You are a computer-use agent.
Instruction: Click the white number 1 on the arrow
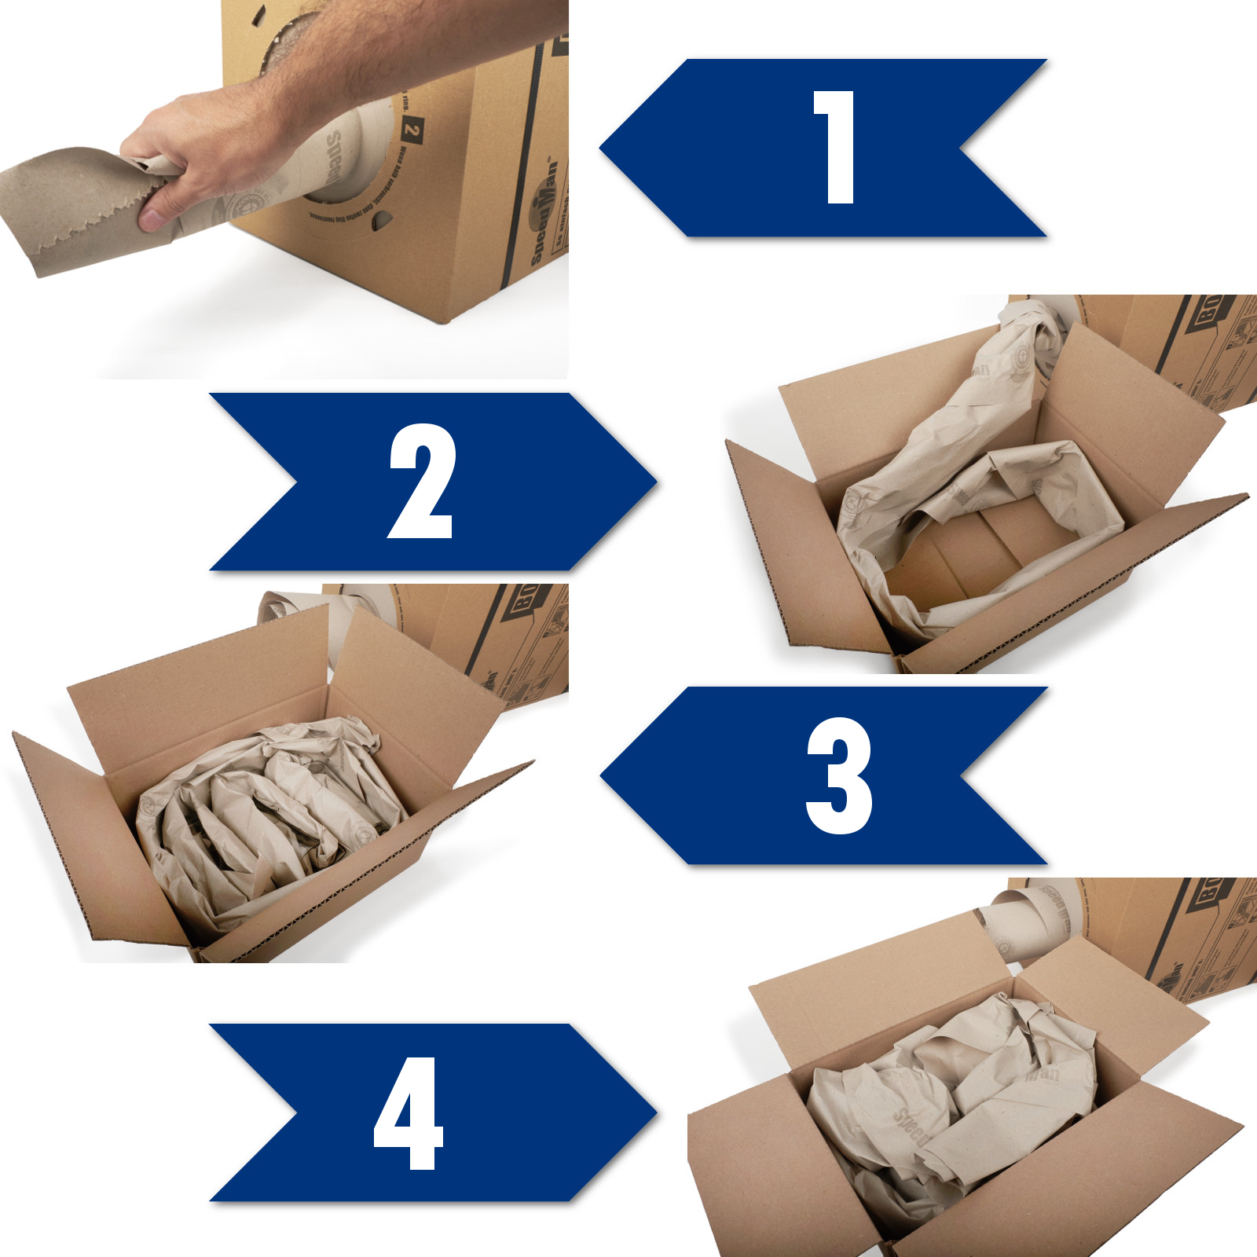(834, 148)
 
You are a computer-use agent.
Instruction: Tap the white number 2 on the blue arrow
(422, 481)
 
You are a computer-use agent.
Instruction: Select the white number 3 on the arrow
(838, 775)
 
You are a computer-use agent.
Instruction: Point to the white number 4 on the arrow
(409, 1112)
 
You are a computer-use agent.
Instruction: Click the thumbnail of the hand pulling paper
(283, 189)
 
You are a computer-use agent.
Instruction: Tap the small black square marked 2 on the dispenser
(412, 130)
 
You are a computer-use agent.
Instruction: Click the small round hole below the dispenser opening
(380, 221)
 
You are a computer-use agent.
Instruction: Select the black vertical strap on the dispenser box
(525, 157)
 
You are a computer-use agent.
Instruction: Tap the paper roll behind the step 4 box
(1029, 919)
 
